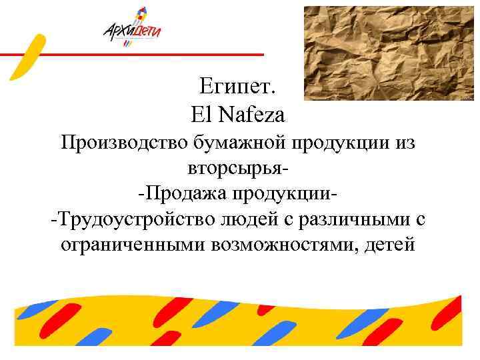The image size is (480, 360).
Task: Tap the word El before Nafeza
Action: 200,116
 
